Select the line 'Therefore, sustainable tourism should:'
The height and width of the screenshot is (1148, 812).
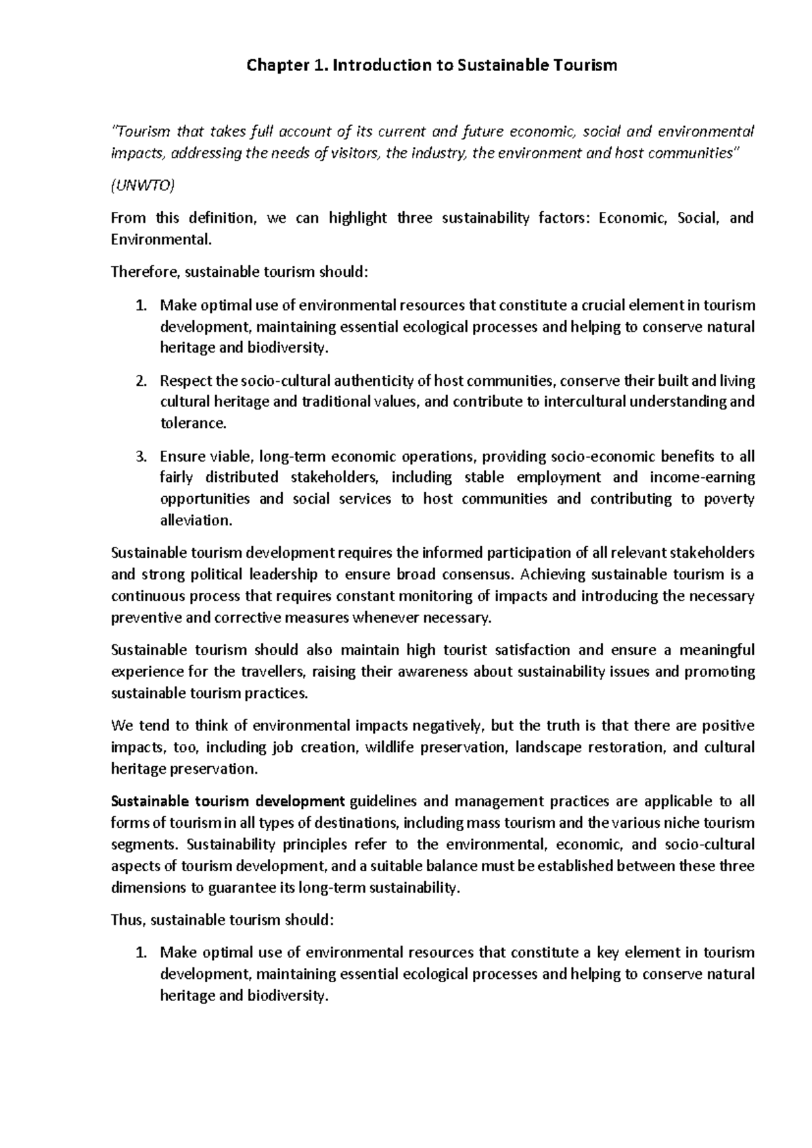click(x=240, y=272)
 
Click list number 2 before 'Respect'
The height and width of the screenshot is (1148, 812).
click(x=140, y=380)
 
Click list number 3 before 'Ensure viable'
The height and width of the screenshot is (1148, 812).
click(x=140, y=456)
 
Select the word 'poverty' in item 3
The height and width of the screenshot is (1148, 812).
click(x=729, y=499)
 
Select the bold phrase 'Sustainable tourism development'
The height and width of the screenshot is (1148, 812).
click(x=228, y=801)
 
